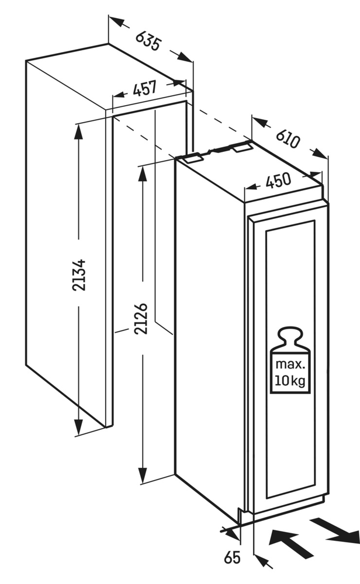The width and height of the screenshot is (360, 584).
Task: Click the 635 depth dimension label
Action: pos(148,40)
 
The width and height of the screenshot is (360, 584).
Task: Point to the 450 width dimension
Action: pos(278,182)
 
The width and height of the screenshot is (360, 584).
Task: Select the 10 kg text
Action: pos(290,383)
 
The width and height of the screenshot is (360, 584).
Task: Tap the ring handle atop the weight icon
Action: pos(290,335)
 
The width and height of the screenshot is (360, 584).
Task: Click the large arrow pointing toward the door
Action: pos(290,543)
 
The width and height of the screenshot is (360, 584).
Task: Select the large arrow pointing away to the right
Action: pos(336,529)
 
